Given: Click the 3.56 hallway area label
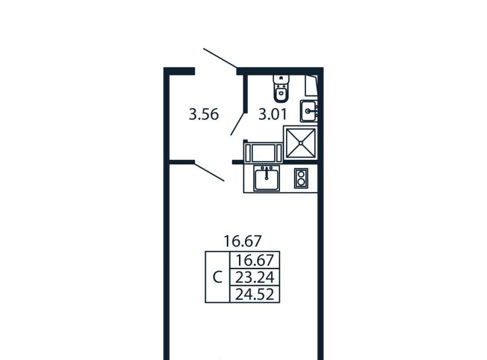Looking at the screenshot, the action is tap(204, 114).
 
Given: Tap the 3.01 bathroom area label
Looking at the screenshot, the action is tap(273, 114).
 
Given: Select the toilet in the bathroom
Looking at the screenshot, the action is tap(281, 88).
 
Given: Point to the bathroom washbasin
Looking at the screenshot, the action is tap(308, 111).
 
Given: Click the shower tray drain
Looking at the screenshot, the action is tap(301, 143).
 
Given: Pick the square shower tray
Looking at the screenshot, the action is tap(301, 143).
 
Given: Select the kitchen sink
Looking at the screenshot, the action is tap(266, 178).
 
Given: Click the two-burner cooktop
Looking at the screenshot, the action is tap(301, 178).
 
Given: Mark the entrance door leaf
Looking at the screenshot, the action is tap(220, 58).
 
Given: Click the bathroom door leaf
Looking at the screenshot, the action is tap(237, 124).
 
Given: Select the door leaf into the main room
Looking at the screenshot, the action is tap(209, 171).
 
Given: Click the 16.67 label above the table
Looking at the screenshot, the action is tap(243, 241).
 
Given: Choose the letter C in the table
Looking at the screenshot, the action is tap(218, 277).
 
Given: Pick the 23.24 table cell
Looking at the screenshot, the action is tap(255, 277).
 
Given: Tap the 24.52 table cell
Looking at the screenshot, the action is tap(255, 294).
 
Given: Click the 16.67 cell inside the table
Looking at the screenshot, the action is tap(255, 260).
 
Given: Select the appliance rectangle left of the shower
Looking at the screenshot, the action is tap(263, 153).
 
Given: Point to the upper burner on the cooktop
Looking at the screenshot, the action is tap(301, 174).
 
